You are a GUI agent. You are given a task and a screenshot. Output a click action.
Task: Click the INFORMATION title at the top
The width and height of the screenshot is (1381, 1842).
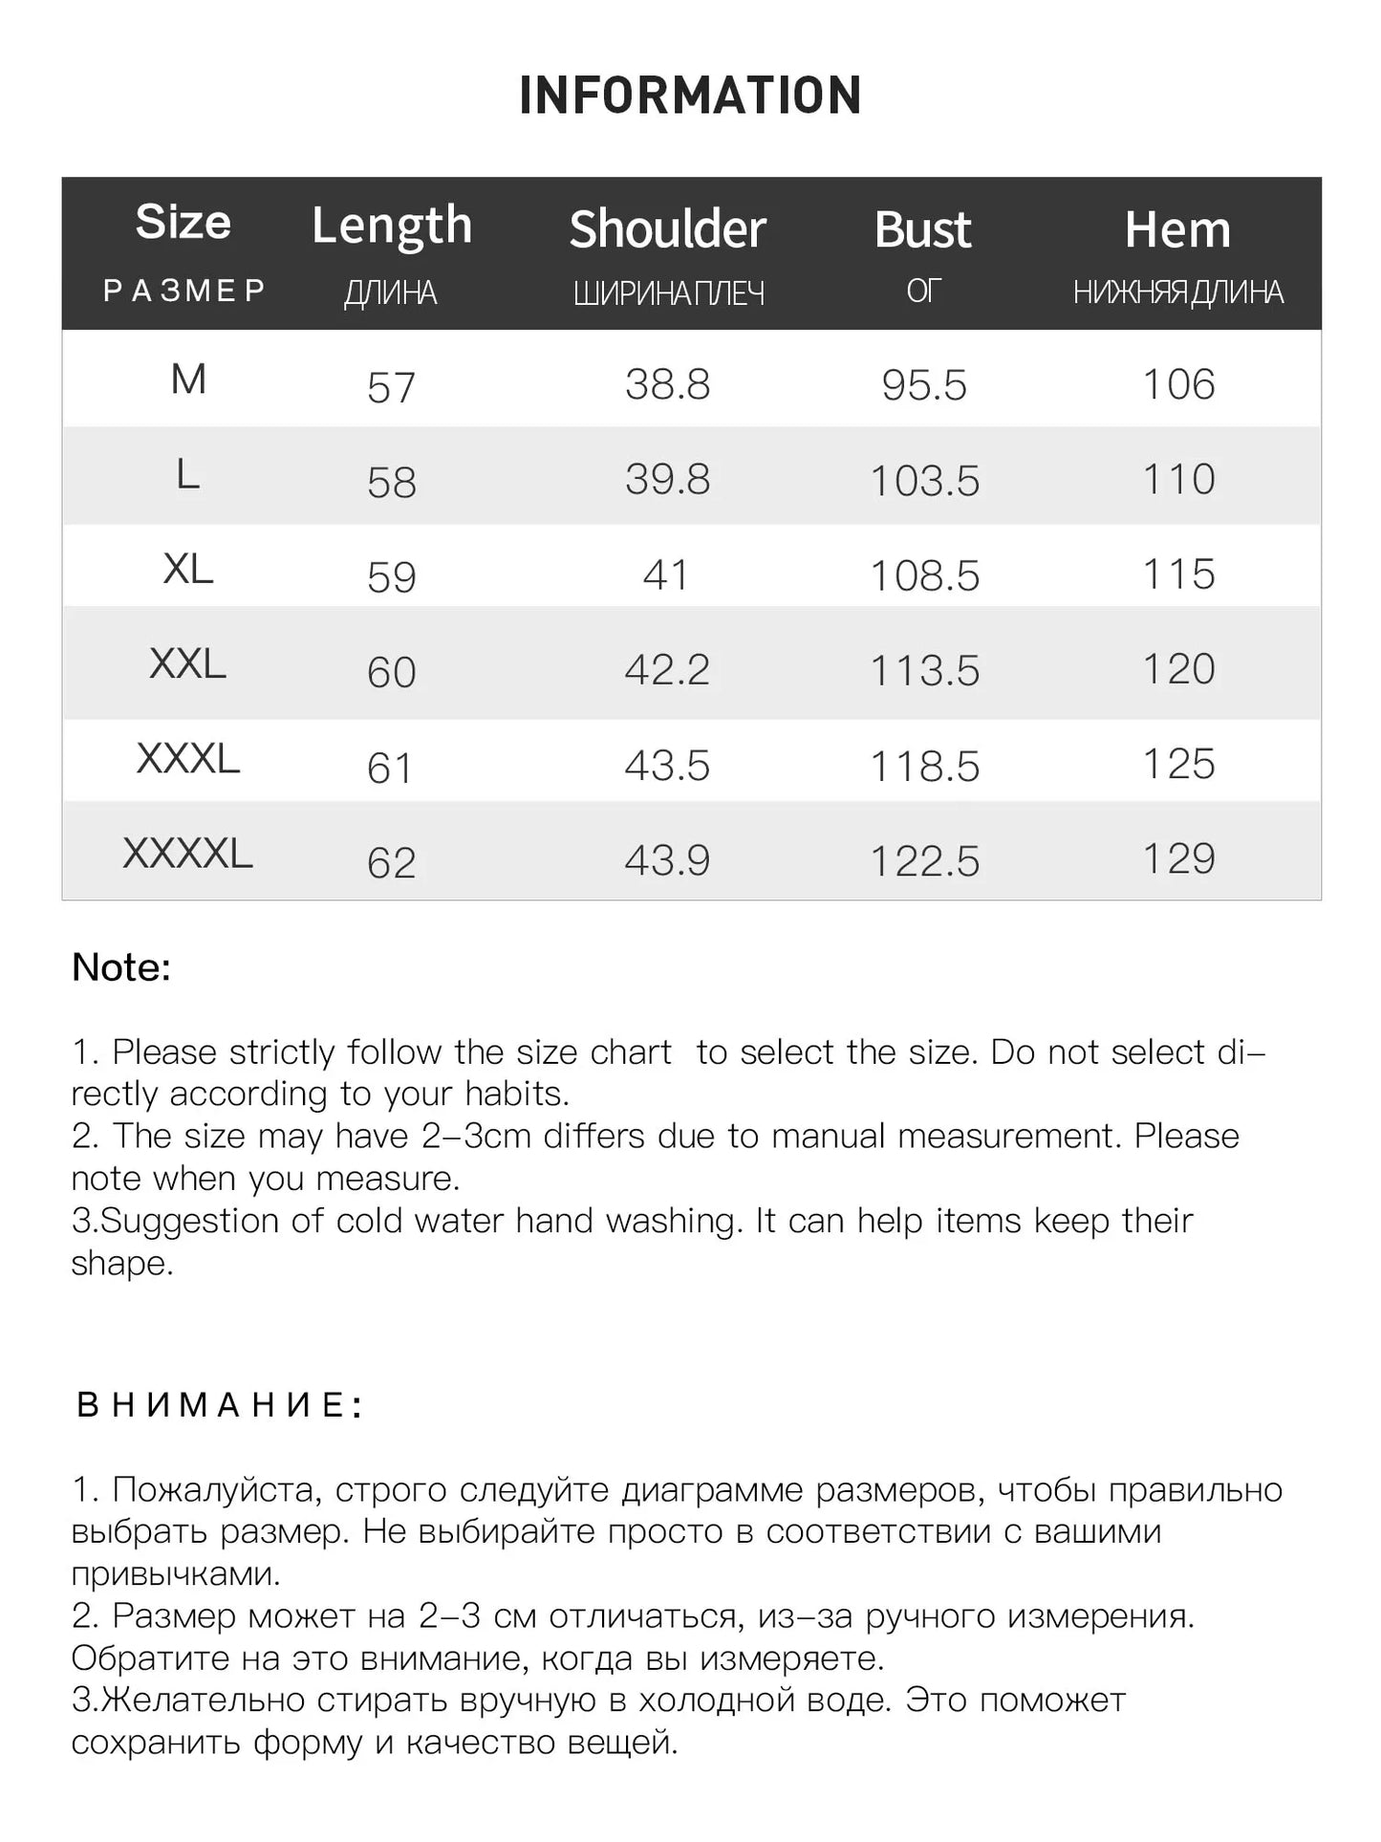point(690,96)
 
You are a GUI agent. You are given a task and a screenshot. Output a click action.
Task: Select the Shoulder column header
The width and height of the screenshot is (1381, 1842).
point(667,229)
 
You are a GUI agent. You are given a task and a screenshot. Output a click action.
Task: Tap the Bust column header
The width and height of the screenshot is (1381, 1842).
point(922,230)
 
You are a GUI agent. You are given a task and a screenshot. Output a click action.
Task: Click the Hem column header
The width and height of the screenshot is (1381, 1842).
point(1177,230)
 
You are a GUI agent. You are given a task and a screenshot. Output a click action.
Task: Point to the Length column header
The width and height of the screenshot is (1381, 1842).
point(392,227)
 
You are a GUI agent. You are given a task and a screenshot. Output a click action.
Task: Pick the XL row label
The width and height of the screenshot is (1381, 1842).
point(187,570)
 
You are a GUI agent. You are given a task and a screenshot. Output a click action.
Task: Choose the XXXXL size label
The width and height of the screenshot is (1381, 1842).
point(187,854)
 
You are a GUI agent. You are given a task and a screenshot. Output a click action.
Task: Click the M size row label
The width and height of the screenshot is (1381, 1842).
point(187,380)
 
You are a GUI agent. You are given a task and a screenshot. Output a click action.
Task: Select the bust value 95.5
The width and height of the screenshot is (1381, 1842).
point(923,385)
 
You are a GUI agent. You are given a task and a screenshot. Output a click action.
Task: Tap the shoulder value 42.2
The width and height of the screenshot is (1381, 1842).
point(667,670)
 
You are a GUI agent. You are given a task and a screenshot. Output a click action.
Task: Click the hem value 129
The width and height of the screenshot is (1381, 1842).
point(1178,858)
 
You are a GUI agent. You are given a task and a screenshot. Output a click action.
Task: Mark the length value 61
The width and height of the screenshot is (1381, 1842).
point(390,769)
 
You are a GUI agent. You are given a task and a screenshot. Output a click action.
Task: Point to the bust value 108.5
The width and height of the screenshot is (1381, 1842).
point(924,575)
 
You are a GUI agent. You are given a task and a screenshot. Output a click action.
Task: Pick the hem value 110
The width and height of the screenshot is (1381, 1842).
point(1178,479)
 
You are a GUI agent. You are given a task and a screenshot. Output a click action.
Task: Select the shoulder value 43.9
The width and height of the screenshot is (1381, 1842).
point(667,860)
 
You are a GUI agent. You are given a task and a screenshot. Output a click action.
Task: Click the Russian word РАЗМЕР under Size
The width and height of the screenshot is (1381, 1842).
point(183,291)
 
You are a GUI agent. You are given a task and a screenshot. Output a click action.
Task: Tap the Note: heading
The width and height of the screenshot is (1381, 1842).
point(121,967)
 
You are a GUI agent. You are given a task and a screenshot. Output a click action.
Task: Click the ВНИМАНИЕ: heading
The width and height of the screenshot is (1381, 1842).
point(219,1405)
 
